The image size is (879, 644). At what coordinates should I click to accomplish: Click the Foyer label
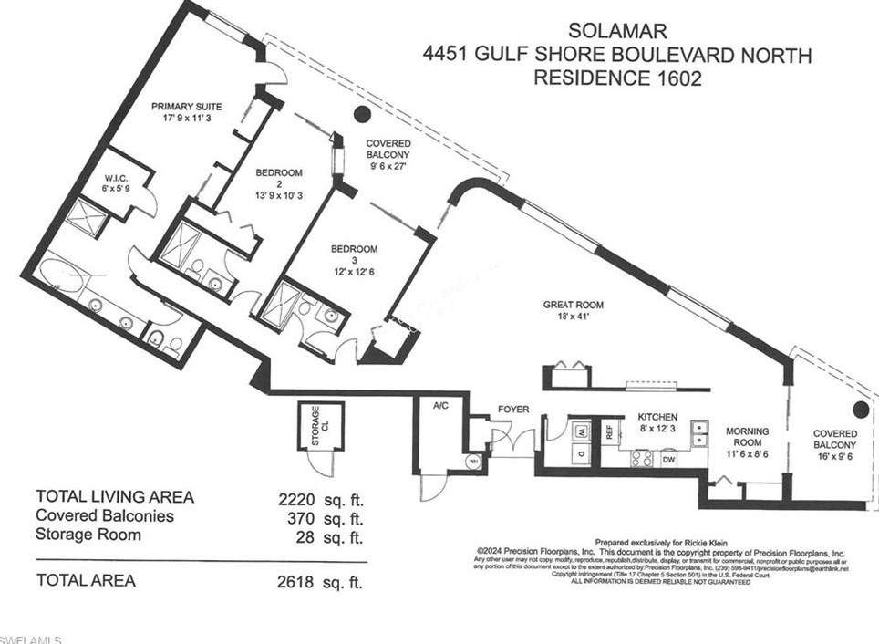tap(513, 410)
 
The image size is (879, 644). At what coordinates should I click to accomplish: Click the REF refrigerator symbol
tap(607, 431)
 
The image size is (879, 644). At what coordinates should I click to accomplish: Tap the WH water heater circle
tap(472, 462)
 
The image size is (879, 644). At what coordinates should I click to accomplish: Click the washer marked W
tap(579, 429)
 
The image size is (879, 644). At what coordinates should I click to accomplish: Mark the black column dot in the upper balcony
tap(362, 114)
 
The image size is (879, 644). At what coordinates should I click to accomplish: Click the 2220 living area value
tap(300, 498)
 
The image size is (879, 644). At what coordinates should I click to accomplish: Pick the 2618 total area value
tap(300, 580)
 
